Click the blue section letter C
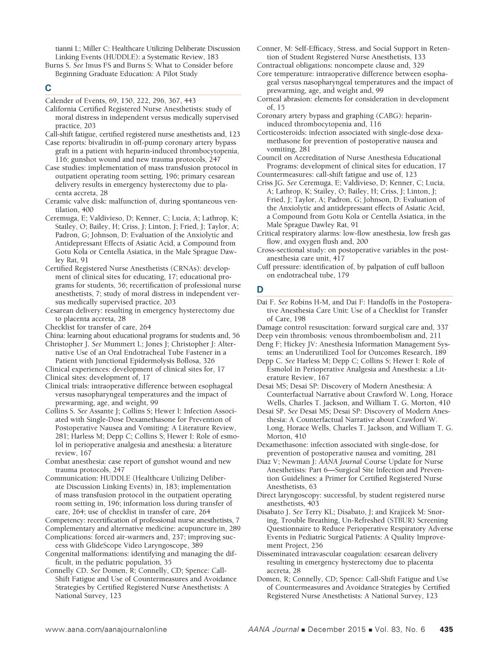tap(48, 88)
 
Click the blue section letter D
tap(260, 290)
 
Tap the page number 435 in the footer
tap(446, 630)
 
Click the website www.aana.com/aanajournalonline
tap(106, 630)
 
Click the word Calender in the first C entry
tap(60, 101)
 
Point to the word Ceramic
tap(59, 201)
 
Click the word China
tap(55, 336)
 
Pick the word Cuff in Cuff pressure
tap(265, 267)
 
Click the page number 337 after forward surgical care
tap(442, 328)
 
